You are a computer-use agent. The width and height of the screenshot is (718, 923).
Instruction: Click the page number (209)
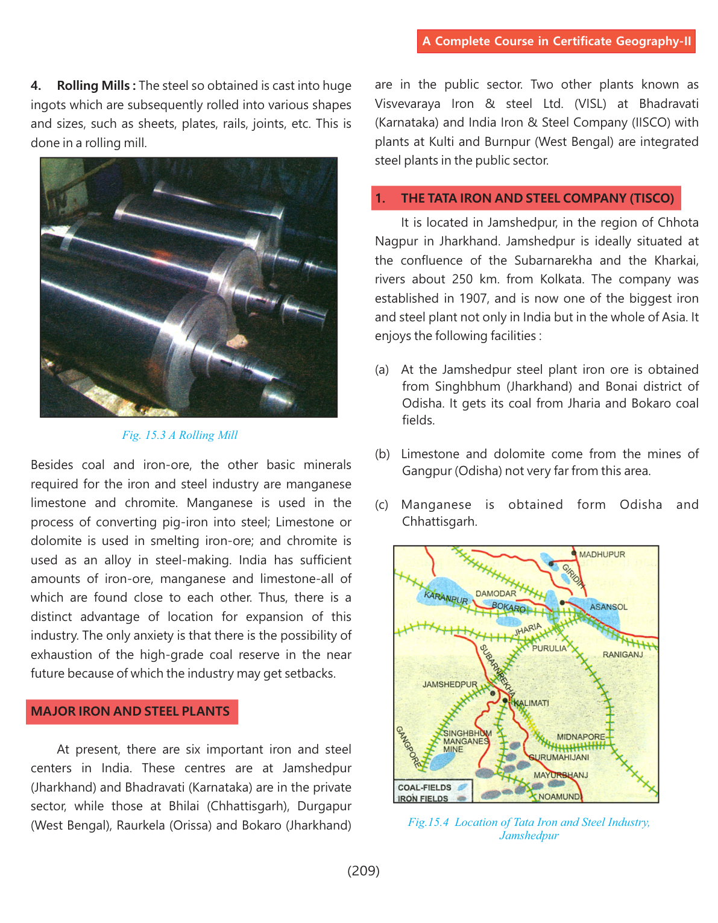coord(363,871)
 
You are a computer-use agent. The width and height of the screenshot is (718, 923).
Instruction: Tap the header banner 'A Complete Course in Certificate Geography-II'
coord(556,41)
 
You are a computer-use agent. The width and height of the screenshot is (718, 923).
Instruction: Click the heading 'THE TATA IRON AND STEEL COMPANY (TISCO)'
coord(537,198)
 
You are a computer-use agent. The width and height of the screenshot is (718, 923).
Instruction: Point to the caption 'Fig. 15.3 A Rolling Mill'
coord(180,435)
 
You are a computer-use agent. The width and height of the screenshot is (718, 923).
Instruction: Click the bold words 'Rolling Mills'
coord(93,86)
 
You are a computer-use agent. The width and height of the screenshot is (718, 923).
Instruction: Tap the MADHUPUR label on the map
coord(602,555)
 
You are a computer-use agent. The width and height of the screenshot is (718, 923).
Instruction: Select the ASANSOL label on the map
coord(608,607)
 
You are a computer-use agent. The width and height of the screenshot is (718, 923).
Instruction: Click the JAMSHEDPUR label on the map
coord(450,685)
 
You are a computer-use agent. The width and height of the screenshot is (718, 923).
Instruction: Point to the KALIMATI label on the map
coord(531,703)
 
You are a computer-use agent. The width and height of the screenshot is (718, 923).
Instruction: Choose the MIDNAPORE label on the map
coord(581,737)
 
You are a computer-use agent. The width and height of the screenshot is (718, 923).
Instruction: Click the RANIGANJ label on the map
coord(623,655)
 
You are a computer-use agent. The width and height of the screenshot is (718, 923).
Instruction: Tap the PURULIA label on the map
coord(549,649)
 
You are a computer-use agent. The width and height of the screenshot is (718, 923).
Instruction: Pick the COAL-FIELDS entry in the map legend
coord(425,787)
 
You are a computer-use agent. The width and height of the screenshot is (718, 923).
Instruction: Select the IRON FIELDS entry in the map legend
coord(423,799)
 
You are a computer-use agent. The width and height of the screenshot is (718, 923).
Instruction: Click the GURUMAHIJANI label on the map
coord(559,757)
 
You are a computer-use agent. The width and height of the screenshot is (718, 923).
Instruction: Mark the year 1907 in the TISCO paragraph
coord(473,298)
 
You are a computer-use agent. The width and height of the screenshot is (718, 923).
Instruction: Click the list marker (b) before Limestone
coord(382,454)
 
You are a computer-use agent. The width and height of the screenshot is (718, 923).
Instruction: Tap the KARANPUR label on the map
coord(446,598)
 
